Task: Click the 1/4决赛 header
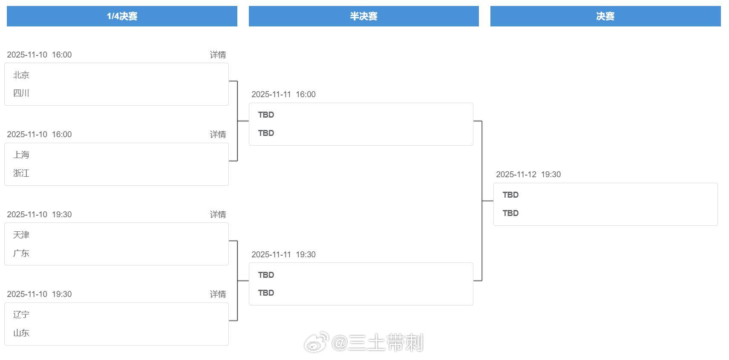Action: [x=122, y=16]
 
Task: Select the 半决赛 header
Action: [x=363, y=16]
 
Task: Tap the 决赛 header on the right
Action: [x=605, y=16]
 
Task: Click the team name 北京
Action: [x=21, y=75]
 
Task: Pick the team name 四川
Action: [x=21, y=93]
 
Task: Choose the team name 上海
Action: [x=21, y=155]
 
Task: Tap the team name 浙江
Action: [x=21, y=173]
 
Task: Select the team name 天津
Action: [x=21, y=235]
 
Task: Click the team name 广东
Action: [x=21, y=253]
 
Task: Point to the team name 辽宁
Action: [x=21, y=314]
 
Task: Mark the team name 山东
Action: [x=21, y=333]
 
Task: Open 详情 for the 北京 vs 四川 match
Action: [x=218, y=55]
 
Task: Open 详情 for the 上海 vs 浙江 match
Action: [x=218, y=134]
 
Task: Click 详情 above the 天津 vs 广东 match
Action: [x=218, y=214]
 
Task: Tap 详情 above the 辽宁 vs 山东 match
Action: [x=218, y=294]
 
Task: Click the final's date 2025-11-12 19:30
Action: [x=528, y=174]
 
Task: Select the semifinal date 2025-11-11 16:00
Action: [x=283, y=94]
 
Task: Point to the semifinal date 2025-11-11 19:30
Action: [x=283, y=254]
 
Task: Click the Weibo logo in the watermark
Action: [x=316, y=343]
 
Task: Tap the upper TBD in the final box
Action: [x=510, y=195]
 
